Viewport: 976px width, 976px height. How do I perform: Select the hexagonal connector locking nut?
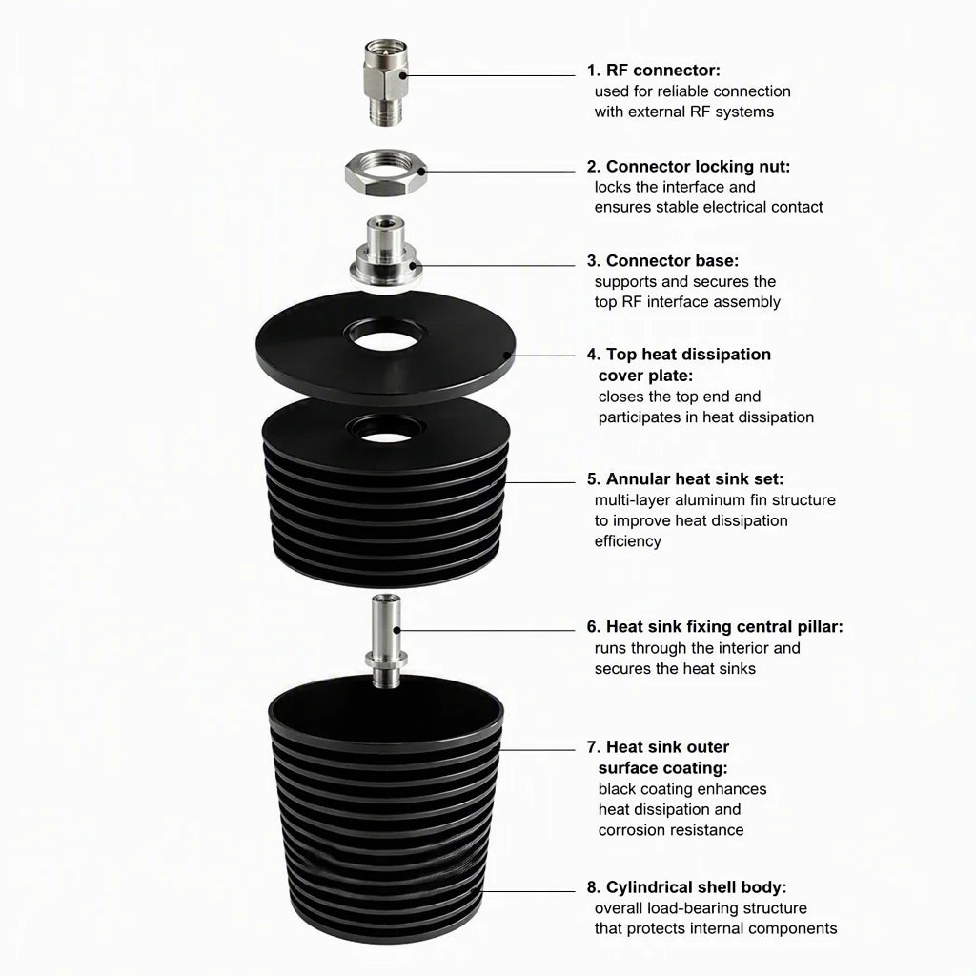[387, 173]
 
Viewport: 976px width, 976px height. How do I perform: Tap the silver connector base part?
[385, 251]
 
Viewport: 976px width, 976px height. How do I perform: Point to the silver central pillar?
[386, 640]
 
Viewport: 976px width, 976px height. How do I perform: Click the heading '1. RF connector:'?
[654, 71]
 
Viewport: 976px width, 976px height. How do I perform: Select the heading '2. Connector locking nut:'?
[688, 166]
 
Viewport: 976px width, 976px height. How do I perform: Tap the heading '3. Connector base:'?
[663, 260]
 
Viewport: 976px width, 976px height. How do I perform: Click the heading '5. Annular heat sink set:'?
[685, 478]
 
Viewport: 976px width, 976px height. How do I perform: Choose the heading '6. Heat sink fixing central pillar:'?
[715, 626]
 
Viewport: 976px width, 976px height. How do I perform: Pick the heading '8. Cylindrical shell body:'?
[686, 887]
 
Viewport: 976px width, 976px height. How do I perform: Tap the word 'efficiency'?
[627, 541]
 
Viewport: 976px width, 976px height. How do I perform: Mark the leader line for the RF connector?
[489, 76]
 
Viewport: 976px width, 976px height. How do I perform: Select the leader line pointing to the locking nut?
[498, 172]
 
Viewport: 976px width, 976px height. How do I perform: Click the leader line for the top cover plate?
[542, 356]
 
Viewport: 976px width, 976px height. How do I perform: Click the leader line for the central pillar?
[485, 630]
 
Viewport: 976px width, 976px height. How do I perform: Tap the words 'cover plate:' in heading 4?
[645, 376]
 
